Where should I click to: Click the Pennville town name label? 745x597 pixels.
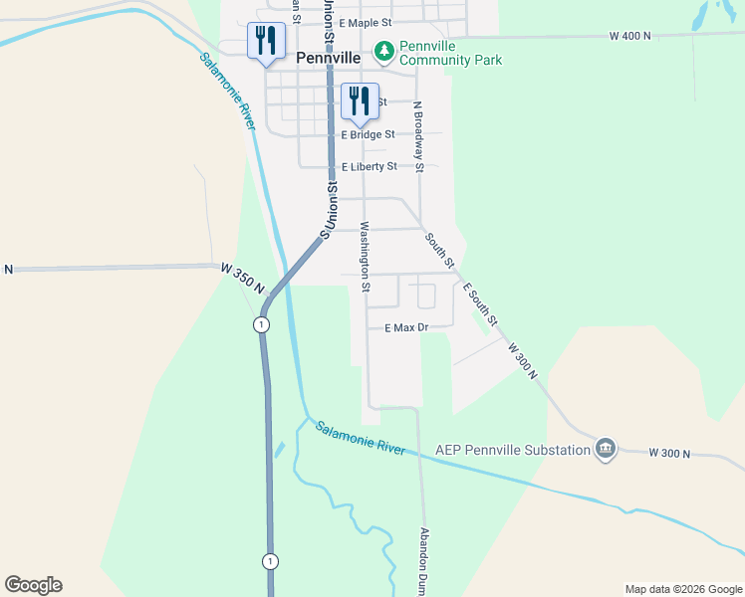pyautogui.click(x=328, y=58)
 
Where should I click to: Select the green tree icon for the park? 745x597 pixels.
pyautogui.click(x=383, y=49)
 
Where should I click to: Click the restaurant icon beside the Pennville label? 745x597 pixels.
pyautogui.click(x=266, y=41)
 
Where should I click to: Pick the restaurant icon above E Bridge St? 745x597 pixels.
pyautogui.click(x=360, y=100)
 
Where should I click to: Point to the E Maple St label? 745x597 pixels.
pyautogui.click(x=367, y=22)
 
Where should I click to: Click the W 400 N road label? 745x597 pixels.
pyautogui.click(x=629, y=36)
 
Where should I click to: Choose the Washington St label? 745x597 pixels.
pyautogui.click(x=365, y=257)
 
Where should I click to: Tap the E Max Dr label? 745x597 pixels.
pyautogui.click(x=406, y=327)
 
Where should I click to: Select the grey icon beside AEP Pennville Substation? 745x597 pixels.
pyautogui.click(x=606, y=450)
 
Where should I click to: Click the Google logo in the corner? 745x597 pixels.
pyautogui.click(x=33, y=585)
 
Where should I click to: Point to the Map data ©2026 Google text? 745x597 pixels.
pyautogui.click(x=683, y=589)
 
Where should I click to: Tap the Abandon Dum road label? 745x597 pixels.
pyautogui.click(x=423, y=562)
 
